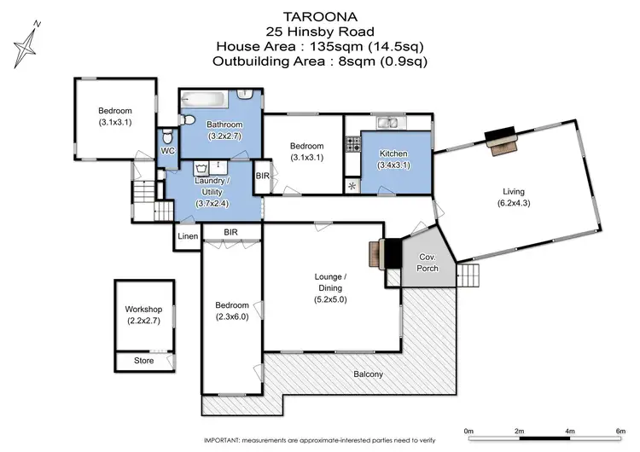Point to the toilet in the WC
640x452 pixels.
(168, 137)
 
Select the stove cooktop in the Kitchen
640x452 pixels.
(352, 145)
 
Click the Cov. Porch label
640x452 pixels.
(427, 263)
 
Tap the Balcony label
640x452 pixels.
(370, 374)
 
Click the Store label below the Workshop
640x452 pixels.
(143, 361)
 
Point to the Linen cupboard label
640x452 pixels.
(187, 236)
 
